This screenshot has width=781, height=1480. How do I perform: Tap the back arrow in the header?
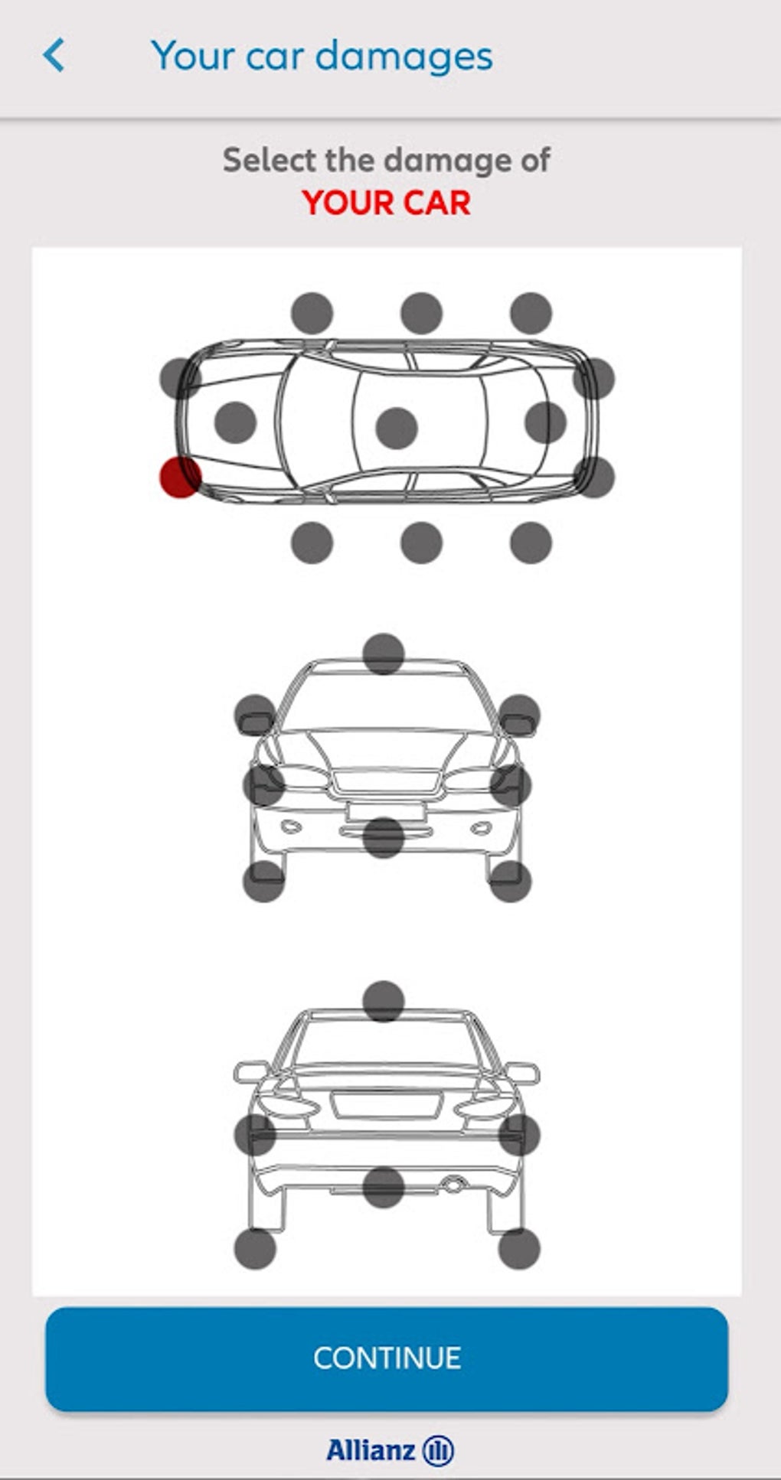coord(54,56)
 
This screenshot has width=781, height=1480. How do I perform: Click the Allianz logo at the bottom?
coord(390,1449)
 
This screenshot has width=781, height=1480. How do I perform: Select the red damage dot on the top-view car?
coord(180,477)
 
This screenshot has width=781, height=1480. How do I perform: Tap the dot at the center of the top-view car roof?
coord(397,427)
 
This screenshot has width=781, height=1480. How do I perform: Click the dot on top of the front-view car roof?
coord(384,654)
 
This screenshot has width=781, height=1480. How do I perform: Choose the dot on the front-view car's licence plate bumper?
coord(384,837)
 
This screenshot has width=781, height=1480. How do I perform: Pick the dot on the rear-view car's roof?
coord(384,1002)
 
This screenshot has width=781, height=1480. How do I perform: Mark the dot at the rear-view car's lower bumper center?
coord(384,1187)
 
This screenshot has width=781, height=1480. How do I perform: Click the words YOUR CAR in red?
coord(387,203)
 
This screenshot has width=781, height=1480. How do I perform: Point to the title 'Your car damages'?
coord(322,56)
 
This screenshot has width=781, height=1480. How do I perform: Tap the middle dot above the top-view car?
coord(421,313)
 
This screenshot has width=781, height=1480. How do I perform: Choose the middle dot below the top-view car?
coord(421,543)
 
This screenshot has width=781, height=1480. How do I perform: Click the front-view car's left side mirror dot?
coord(255,716)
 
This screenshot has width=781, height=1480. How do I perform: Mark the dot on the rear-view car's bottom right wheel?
coord(519,1250)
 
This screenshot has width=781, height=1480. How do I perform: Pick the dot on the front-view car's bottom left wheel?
coord(264,881)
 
